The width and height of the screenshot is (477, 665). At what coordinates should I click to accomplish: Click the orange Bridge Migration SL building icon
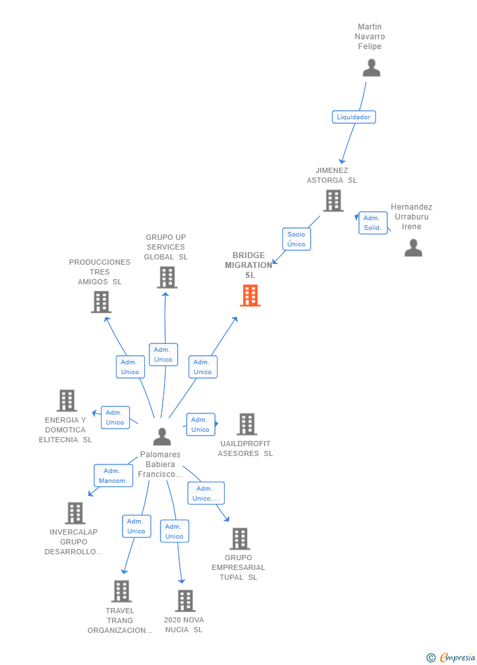[250, 295]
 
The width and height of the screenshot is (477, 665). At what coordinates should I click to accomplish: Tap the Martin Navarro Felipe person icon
[372, 68]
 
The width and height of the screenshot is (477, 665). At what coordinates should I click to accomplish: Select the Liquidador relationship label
[353, 117]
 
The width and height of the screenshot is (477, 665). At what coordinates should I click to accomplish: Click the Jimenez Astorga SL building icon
[333, 200]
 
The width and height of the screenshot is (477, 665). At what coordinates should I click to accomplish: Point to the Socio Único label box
[296, 239]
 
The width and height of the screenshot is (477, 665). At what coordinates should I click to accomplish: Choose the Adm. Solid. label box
[372, 223]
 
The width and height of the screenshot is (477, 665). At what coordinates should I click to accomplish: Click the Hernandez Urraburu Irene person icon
[413, 248]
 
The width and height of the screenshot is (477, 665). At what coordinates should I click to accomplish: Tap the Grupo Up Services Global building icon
[167, 277]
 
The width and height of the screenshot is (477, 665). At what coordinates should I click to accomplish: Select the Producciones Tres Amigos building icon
[101, 302]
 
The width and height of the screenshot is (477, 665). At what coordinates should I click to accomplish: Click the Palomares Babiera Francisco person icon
[162, 436]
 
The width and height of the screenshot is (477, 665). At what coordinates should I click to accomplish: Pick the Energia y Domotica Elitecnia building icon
[67, 400]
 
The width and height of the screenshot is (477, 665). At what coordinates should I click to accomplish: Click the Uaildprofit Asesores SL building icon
[246, 425]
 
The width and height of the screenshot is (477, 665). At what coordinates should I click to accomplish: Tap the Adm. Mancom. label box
[113, 476]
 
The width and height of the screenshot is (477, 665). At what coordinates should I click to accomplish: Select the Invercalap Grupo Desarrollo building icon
[75, 513]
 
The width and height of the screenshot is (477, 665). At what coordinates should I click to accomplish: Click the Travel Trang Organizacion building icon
[121, 591]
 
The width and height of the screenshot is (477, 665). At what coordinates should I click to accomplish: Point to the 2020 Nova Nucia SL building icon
[185, 601]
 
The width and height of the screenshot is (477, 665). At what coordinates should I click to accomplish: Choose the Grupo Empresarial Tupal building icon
[240, 539]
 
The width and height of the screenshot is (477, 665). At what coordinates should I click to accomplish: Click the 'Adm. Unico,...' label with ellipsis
[206, 493]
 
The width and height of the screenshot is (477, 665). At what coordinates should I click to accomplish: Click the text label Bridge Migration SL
[249, 265]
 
